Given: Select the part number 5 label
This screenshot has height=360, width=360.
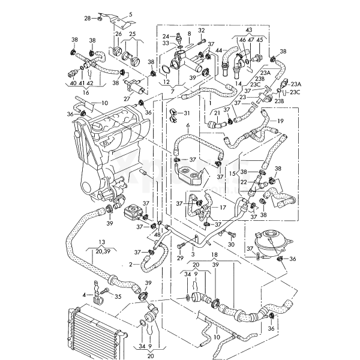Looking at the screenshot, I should (130, 13).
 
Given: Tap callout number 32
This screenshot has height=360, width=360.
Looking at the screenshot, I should (202, 30).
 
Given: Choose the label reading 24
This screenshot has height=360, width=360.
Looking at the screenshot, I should (166, 36).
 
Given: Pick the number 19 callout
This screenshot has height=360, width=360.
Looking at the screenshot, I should (280, 121).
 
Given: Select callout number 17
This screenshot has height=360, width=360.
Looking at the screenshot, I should (223, 208).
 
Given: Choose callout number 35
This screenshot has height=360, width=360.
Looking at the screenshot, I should (118, 296).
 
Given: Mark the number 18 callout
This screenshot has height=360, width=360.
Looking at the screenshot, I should (214, 255).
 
